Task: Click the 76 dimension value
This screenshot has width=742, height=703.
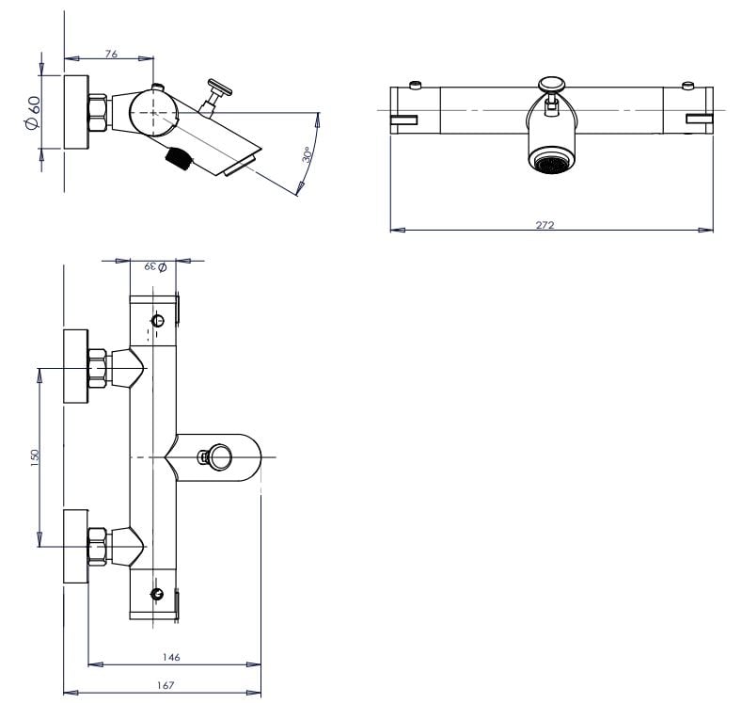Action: tap(111, 55)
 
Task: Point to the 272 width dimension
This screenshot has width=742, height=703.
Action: tap(545, 225)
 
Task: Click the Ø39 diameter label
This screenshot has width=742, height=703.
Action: tap(155, 267)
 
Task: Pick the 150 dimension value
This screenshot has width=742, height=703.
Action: tap(35, 456)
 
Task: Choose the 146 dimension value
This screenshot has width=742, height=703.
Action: tap(171, 657)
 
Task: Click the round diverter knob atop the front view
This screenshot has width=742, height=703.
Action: tap(551, 86)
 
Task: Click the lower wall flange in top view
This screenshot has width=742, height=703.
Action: tap(74, 546)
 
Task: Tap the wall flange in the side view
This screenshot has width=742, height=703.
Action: tap(76, 110)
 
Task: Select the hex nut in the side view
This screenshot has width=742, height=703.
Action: tap(98, 111)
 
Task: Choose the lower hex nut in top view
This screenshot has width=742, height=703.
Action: tap(97, 546)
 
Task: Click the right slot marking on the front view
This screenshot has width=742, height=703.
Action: tap(701, 118)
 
